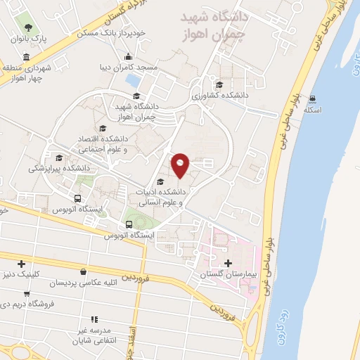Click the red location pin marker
pyautogui.click(x=181, y=164)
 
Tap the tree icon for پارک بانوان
pyautogui.click(x=27, y=27)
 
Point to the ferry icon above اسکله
pyautogui.click(x=311, y=98)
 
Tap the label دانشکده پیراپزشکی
pyautogui.click(x=59, y=168)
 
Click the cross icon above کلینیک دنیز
pyautogui.click(x=22, y=264)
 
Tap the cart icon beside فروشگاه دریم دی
pyautogui.click(x=27, y=294)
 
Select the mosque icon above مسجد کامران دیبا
pyautogui.click(x=127, y=57)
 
